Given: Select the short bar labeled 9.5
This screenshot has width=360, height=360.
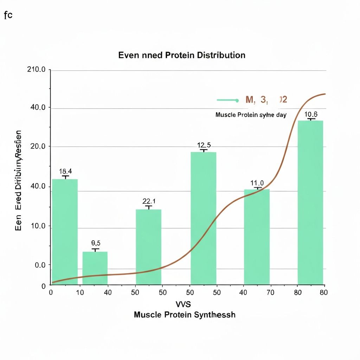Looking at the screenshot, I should [95, 268].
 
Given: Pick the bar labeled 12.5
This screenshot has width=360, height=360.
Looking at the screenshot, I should [203, 218].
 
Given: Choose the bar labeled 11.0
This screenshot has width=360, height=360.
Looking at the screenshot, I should [257, 236].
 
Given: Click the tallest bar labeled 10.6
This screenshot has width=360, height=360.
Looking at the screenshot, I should [310, 202].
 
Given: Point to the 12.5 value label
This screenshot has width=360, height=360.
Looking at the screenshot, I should [204, 145].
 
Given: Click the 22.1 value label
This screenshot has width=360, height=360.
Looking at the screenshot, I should [149, 201].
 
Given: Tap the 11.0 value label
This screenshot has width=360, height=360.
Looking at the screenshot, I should [257, 183].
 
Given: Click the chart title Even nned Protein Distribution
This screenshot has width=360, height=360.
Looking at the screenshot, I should [182, 55].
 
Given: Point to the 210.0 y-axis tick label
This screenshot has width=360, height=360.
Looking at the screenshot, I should [36, 70].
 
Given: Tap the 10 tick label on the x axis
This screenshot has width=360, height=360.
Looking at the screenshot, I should [80, 292].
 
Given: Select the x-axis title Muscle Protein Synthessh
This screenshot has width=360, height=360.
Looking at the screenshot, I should [185, 315].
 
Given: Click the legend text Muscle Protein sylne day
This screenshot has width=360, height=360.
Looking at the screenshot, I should [251, 115].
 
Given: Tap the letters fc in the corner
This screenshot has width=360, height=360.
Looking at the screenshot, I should [8, 15].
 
